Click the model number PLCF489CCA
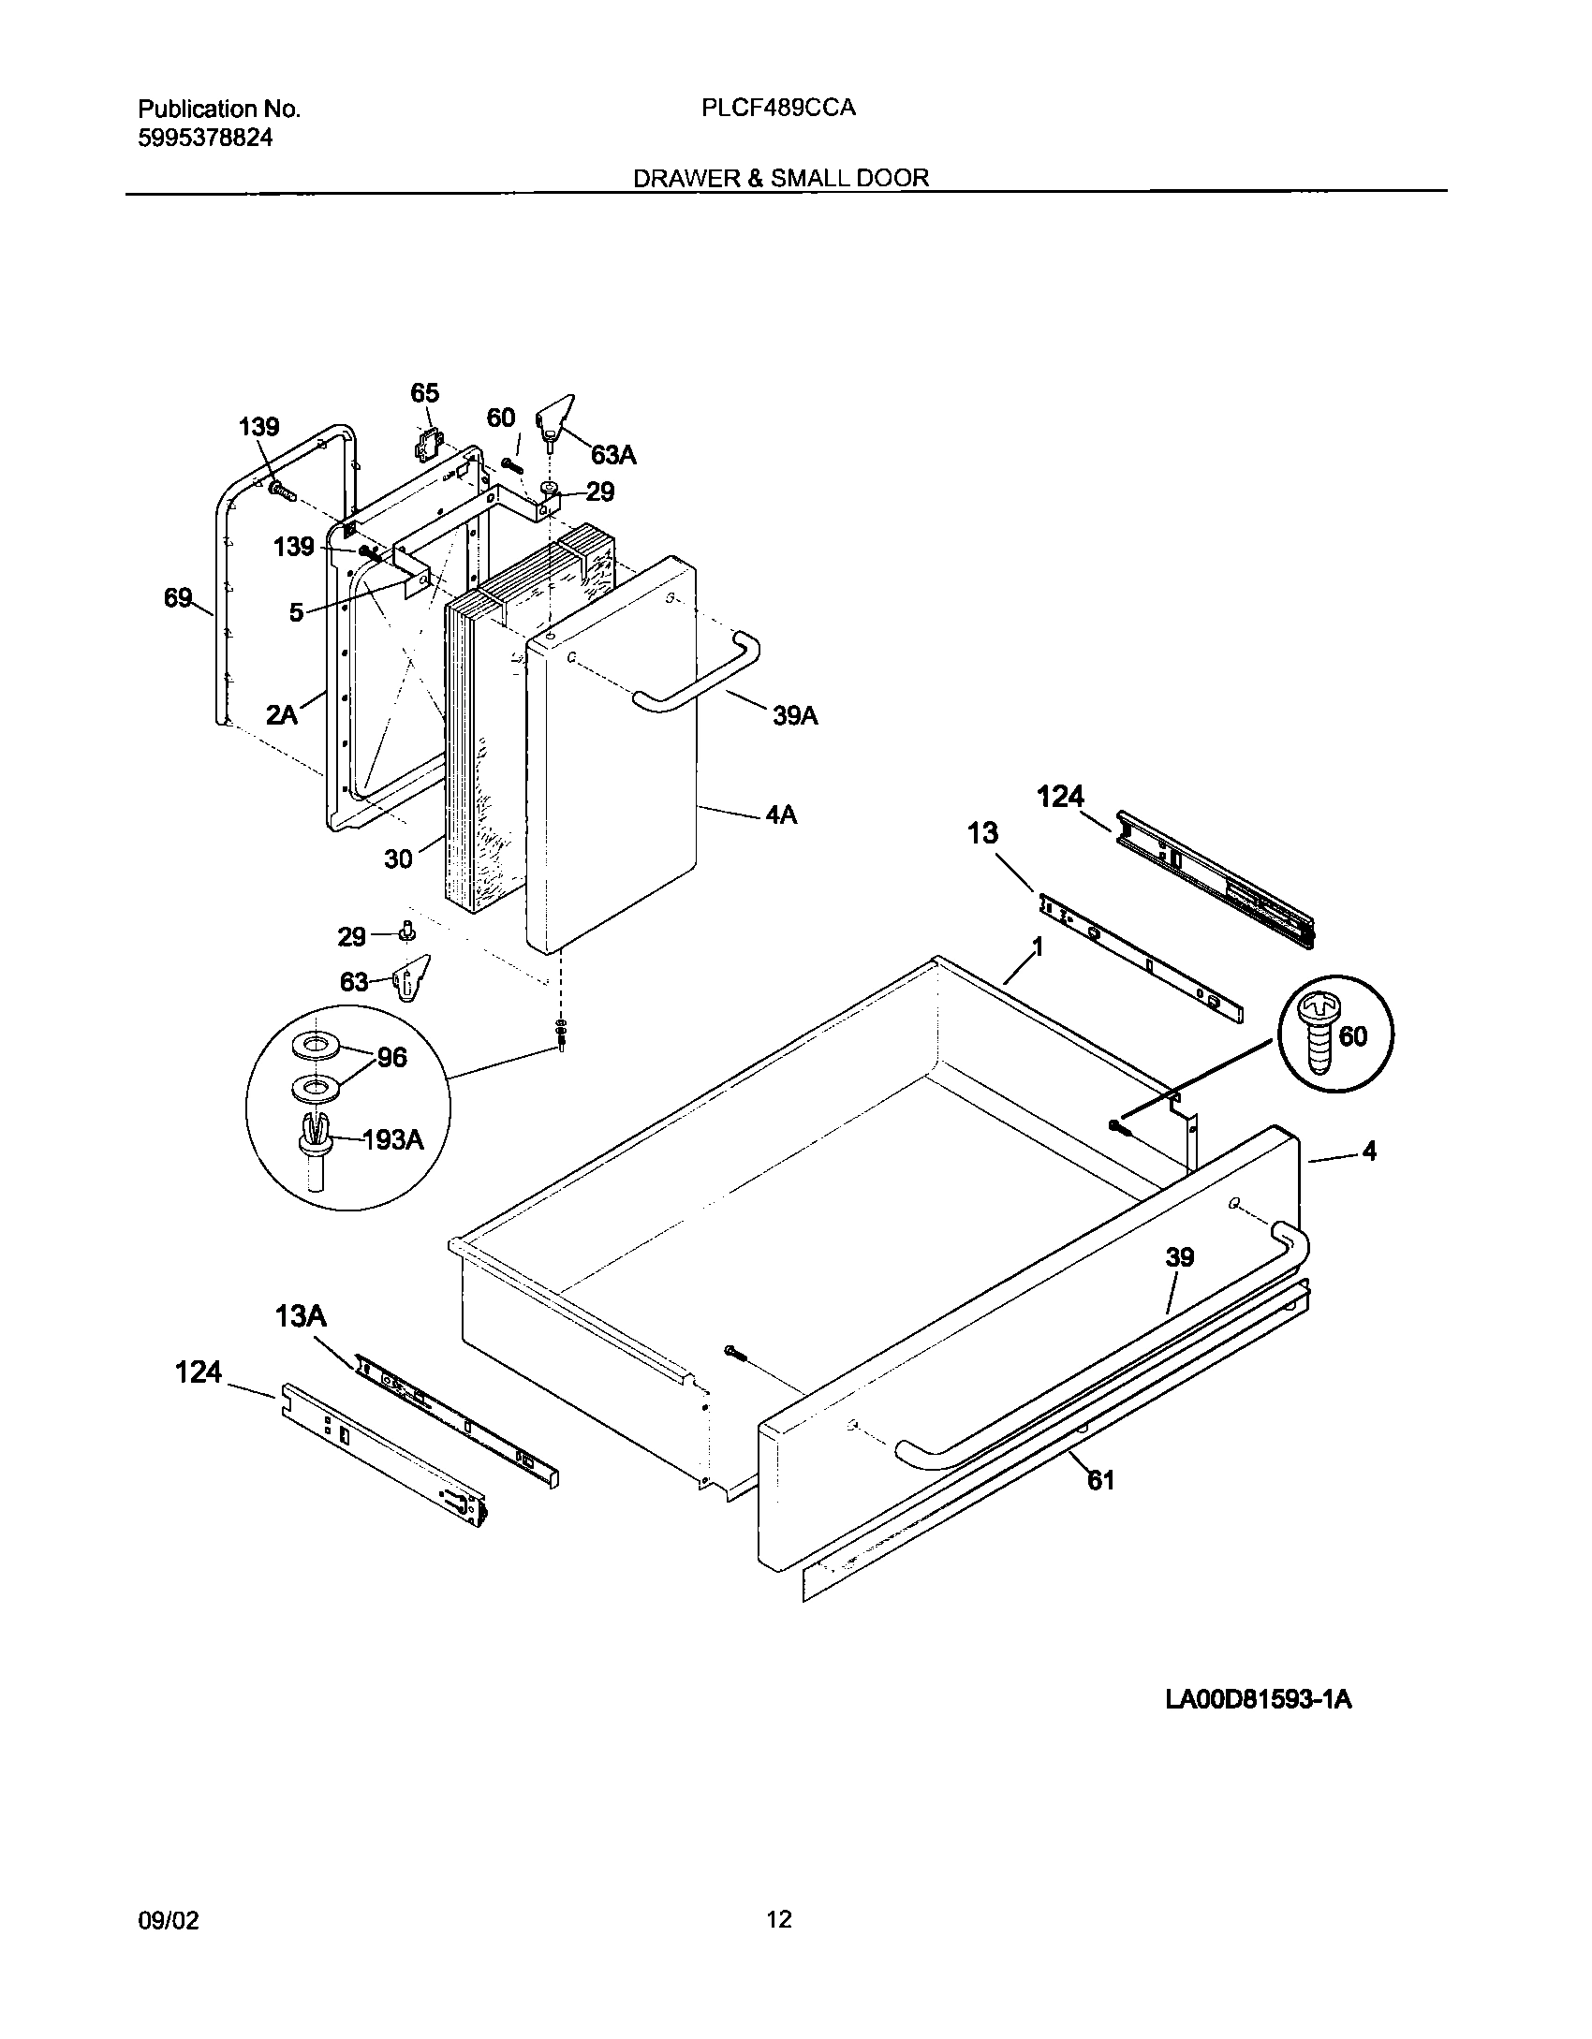[x=777, y=109]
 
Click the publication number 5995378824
[x=205, y=139]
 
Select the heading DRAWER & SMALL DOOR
[x=781, y=178]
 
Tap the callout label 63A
[x=613, y=456]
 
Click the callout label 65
[x=424, y=393]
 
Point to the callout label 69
[x=178, y=598]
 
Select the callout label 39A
[x=795, y=716]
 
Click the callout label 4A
[x=781, y=815]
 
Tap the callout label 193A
[x=392, y=1139]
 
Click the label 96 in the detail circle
[x=391, y=1058]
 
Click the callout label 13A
[x=301, y=1317]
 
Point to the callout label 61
[x=1100, y=1480]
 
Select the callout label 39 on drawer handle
[x=1179, y=1257]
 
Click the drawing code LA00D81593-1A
[x=1258, y=1700]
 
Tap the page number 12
[x=779, y=1919]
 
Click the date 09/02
[x=169, y=1920]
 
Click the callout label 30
[x=398, y=858]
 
